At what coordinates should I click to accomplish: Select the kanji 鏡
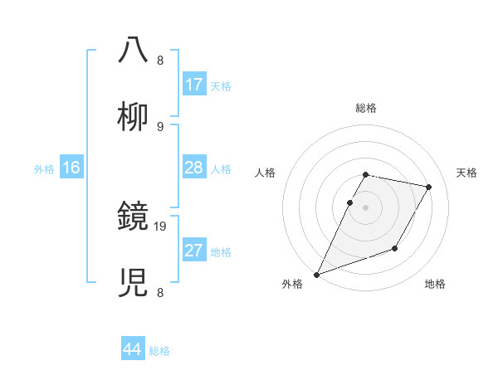[134, 219]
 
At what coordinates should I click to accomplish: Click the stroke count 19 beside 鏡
[161, 226]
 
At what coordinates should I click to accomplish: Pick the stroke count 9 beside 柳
[159, 126]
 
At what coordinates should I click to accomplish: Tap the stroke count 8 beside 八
[159, 60]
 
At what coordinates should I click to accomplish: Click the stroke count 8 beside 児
[159, 292]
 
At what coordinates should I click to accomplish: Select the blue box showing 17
[194, 85]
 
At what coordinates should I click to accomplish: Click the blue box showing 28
[194, 168]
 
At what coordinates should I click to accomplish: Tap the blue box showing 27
[194, 251]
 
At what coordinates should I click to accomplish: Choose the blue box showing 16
[71, 168]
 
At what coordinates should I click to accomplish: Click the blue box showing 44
[133, 349]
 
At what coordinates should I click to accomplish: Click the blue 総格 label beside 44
[160, 351]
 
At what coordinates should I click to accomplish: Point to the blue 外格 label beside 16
[44, 169]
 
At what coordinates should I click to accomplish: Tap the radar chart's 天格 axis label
[467, 173]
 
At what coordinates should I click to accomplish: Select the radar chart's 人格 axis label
[266, 173]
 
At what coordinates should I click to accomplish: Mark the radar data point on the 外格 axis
[316, 275]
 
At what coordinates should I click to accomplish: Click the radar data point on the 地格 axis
[395, 248]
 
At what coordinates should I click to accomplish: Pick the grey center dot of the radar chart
[365, 208]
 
